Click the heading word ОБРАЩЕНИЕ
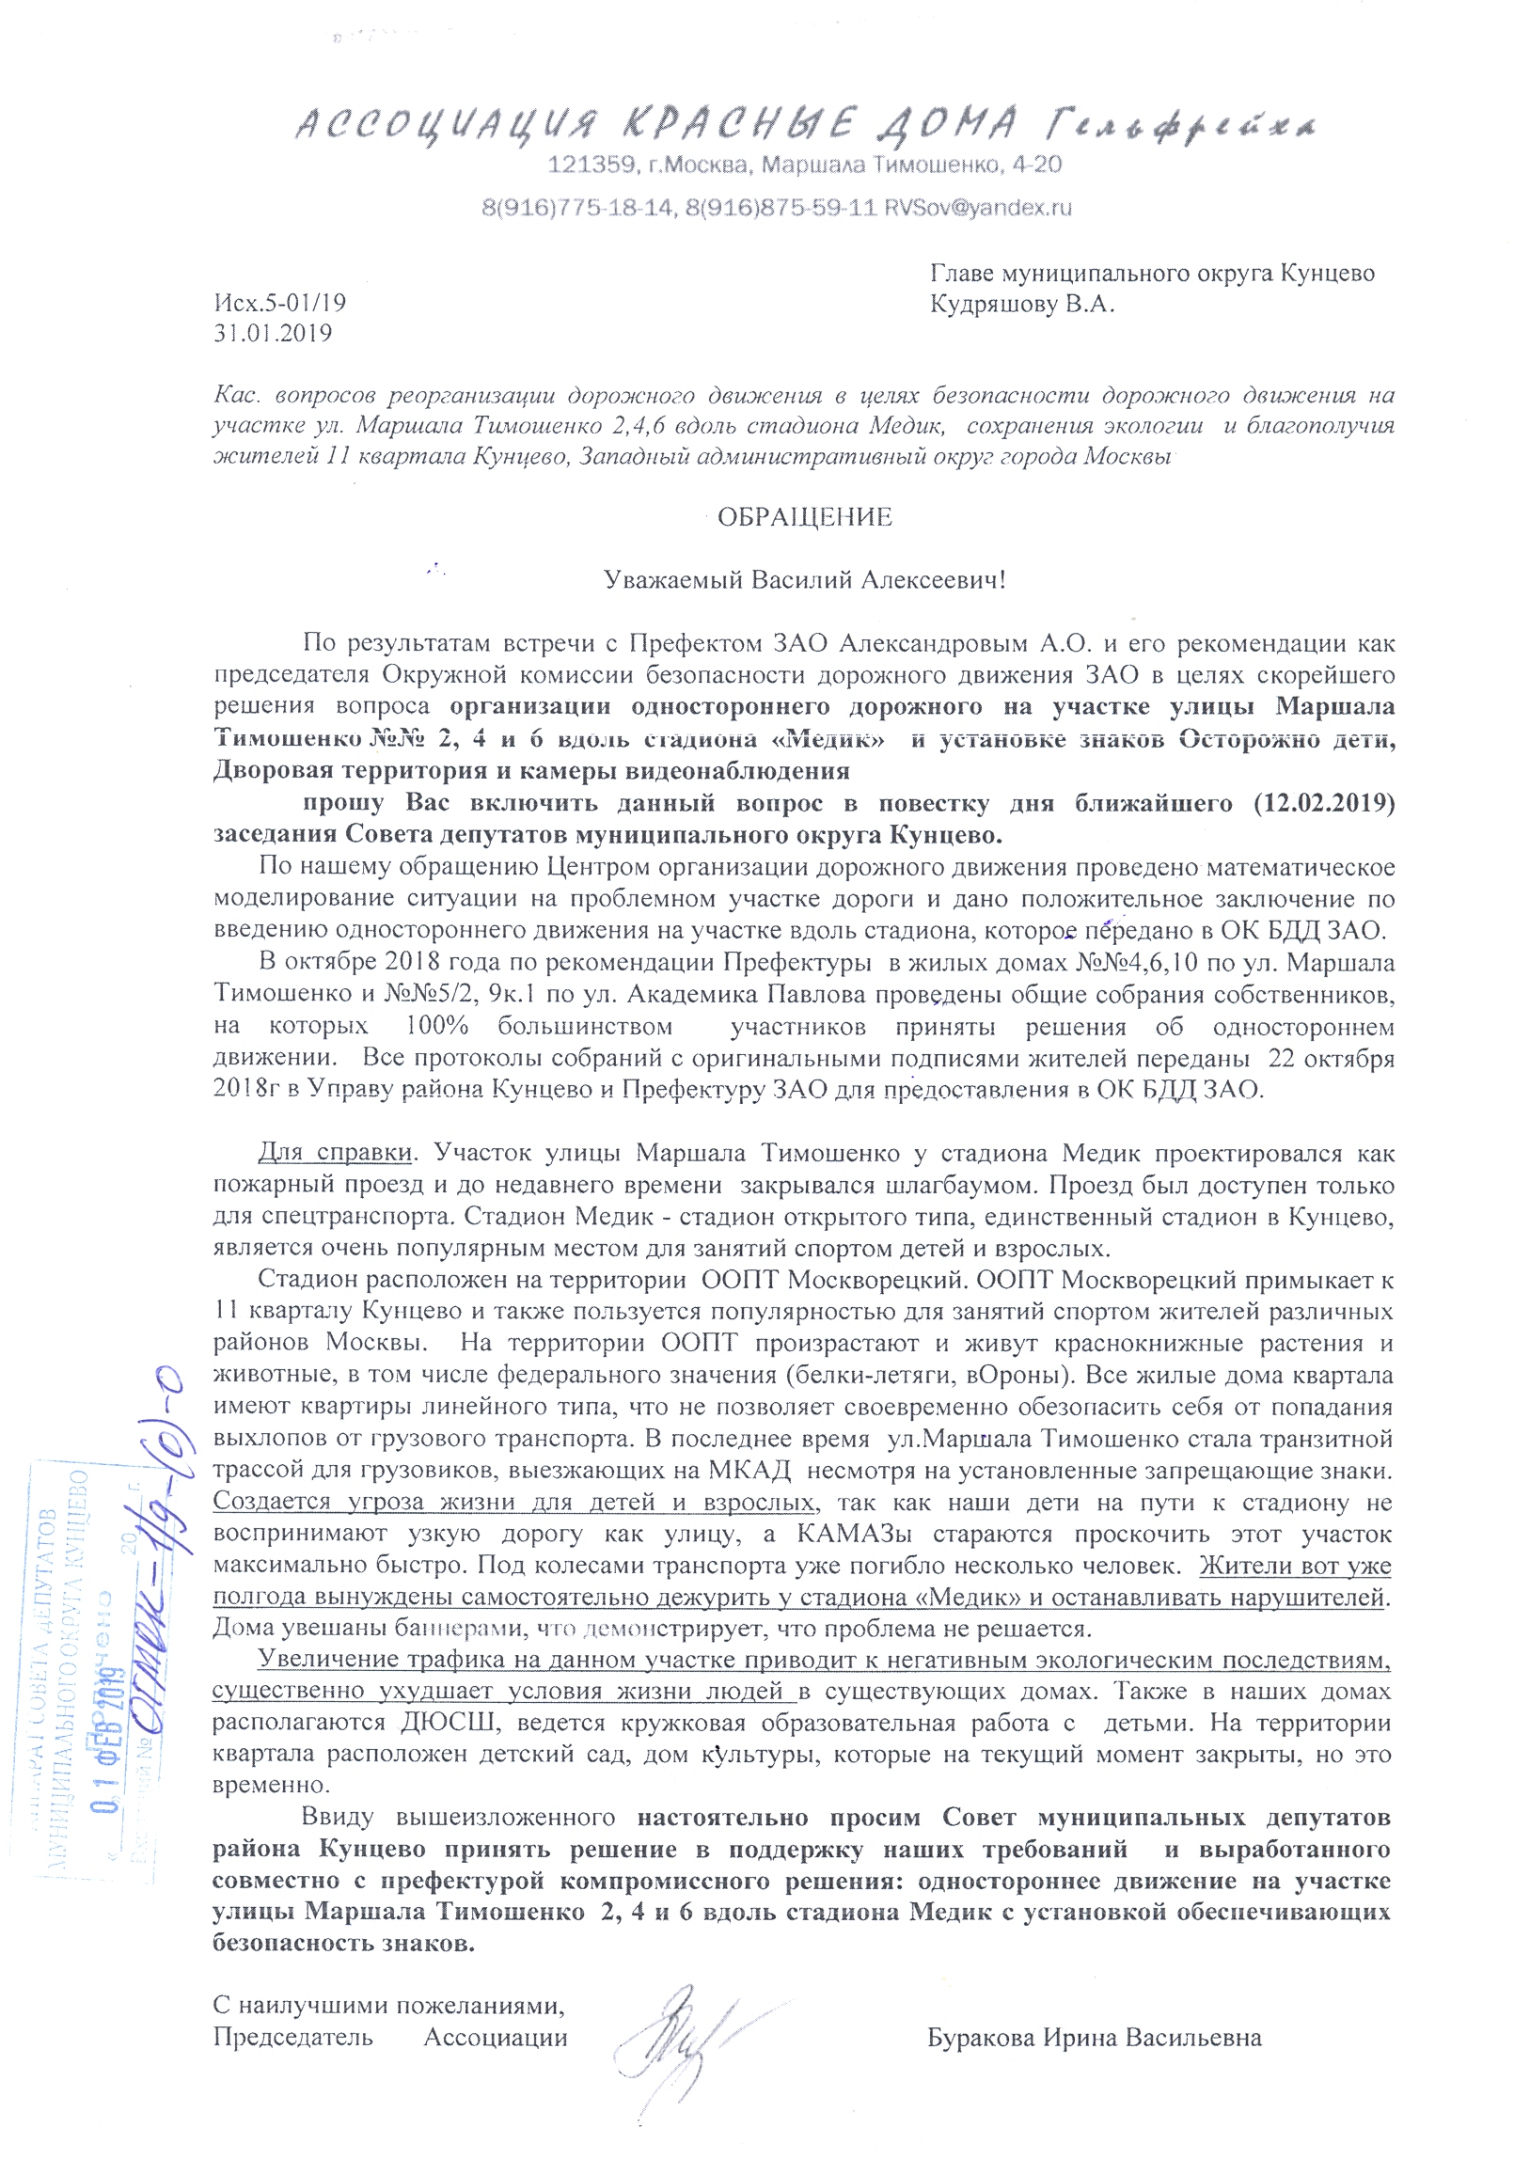(804, 517)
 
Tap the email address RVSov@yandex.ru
(977, 208)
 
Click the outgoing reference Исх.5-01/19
(280, 303)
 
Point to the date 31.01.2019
(273, 333)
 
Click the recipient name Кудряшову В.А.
(1022, 305)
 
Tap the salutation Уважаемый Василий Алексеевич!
(804, 580)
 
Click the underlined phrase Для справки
(335, 1153)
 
